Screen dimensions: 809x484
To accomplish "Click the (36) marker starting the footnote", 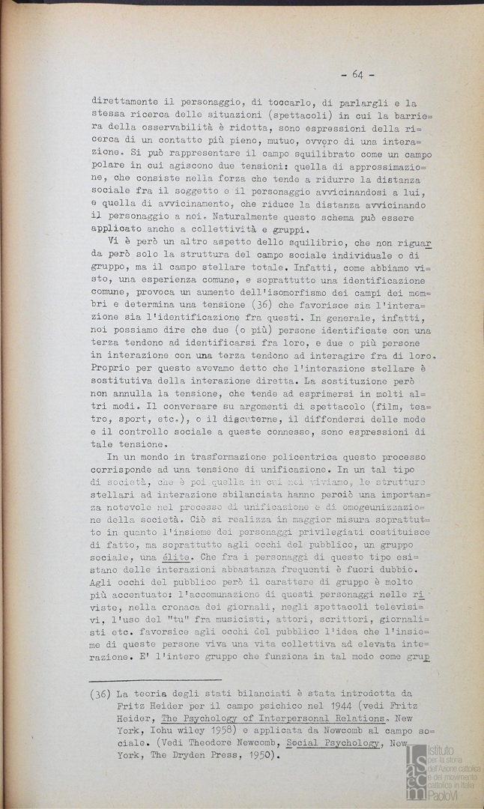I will pos(101,694).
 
